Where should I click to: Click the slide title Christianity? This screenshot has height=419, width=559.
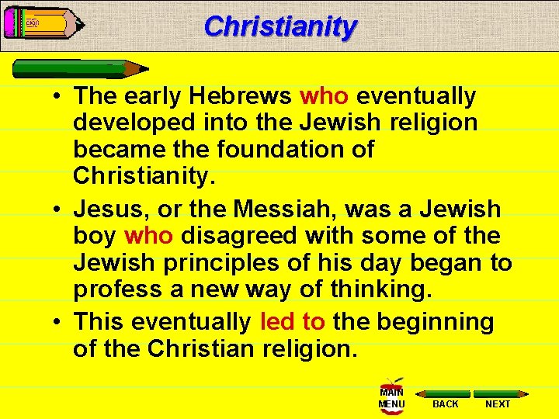(280, 26)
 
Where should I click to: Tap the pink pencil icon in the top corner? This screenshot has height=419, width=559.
(43, 23)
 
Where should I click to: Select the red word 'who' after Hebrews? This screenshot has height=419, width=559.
(325, 96)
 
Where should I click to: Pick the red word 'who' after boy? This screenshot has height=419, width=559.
(149, 236)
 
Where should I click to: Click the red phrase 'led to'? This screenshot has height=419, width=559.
(293, 321)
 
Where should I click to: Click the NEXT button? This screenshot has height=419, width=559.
(498, 399)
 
